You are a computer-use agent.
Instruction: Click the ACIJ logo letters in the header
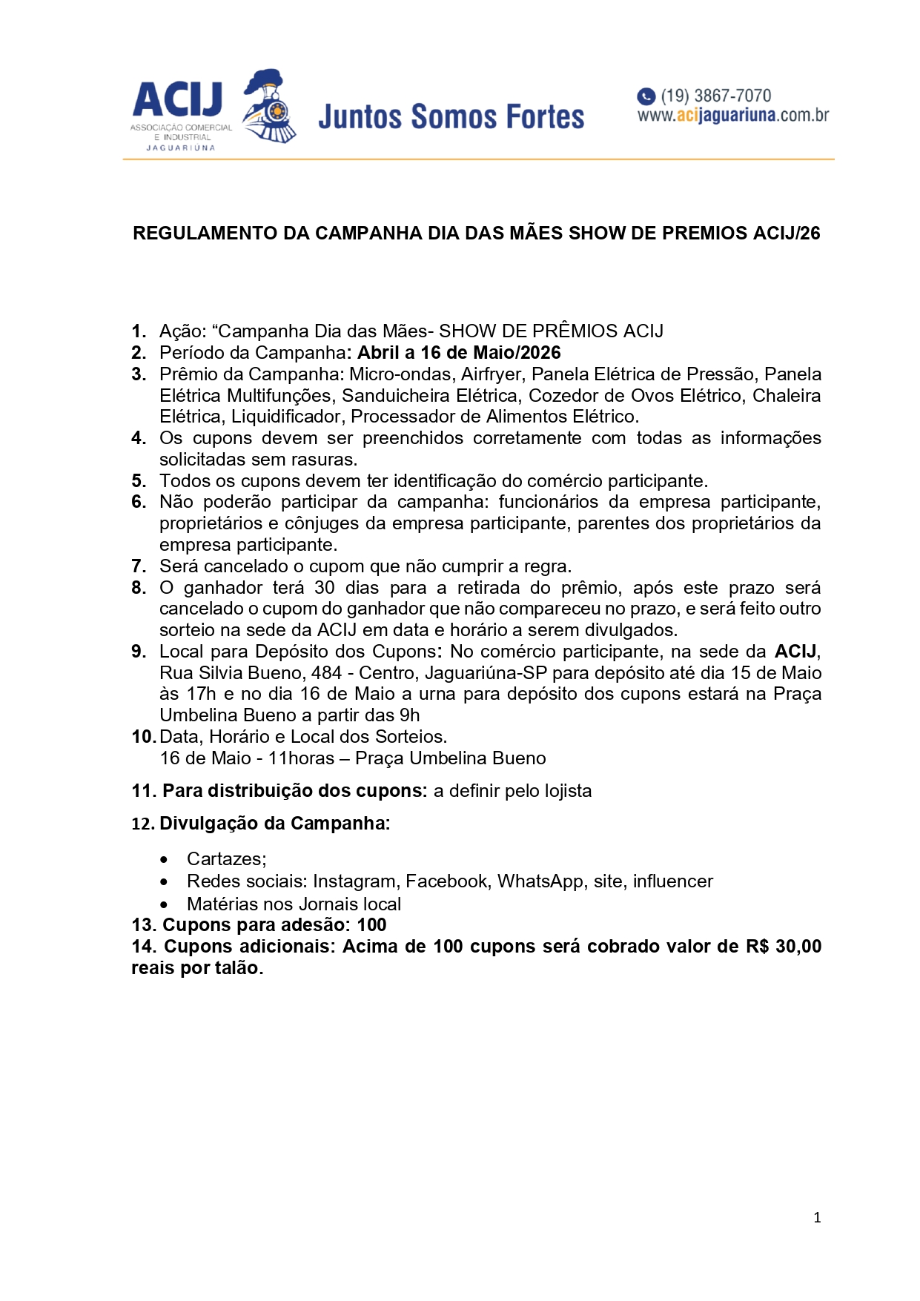(x=178, y=100)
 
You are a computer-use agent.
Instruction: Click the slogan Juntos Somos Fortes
(x=451, y=117)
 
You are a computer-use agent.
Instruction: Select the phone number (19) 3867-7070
(x=715, y=96)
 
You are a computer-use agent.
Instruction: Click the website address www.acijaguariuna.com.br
(x=732, y=116)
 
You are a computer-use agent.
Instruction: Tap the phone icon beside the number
(x=646, y=96)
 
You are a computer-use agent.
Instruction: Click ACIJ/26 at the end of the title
(x=787, y=234)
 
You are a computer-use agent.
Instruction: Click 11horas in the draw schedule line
(x=301, y=758)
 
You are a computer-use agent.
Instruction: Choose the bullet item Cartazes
(x=226, y=859)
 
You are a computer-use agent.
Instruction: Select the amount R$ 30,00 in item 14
(x=784, y=947)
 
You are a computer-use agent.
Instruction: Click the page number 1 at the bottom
(x=817, y=1217)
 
